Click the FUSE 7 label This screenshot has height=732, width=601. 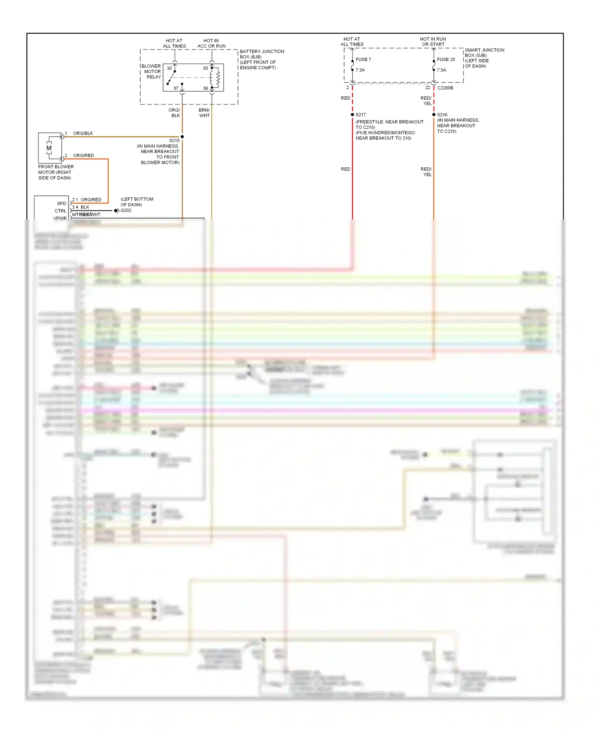tap(363, 59)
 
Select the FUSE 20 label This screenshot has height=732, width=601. tap(446, 59)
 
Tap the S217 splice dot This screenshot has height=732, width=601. tap(353, 115)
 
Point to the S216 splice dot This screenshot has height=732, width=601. tap(434, 115)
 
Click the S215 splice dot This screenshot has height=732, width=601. tap(182, 137)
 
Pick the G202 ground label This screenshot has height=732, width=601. tap(126, 211)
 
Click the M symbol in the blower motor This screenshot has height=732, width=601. tap(49, 148)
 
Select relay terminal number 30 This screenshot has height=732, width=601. tap(169, 68)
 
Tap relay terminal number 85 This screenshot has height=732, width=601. tap(206, 68)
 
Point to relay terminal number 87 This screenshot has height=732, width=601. tap(176, 88)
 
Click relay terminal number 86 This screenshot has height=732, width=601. tap(206, 88)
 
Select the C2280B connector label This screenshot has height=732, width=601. tap(445, 88)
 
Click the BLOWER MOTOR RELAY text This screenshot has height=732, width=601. tap(151, 71)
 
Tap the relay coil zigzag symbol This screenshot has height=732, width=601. tap(218, 78)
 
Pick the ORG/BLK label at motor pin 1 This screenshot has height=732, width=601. tap(83, 133)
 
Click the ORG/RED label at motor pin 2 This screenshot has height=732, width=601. tap(83, 155)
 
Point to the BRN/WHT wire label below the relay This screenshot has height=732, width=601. tap(204, 113)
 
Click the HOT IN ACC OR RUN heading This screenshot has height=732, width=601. tap(211, 43)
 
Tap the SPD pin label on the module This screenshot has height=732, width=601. tap(62, 203)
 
